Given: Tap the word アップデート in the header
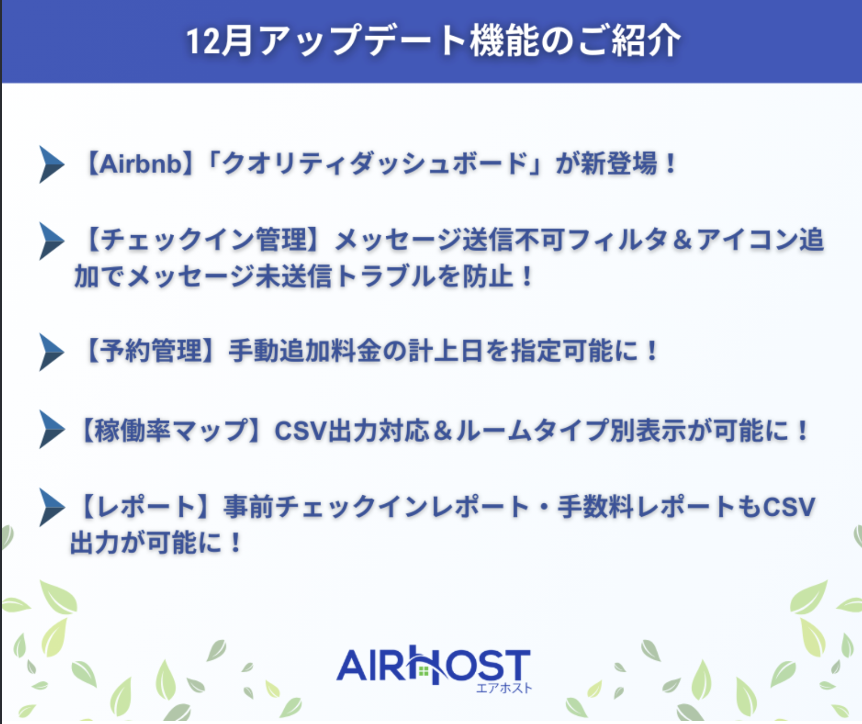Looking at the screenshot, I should coord(362,41).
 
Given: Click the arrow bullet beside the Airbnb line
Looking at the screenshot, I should coord(51,165).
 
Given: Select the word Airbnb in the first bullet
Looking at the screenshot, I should coord(141,163).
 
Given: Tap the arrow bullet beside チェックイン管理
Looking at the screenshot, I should coord(51,241).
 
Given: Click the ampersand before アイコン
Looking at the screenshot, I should coord(682,240).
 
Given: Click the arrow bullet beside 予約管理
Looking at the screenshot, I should coord(51,352).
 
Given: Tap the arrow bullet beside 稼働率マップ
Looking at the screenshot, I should coord(51,429).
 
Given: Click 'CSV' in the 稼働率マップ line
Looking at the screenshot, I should coord(301,431).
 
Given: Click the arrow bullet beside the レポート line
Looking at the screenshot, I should coord(51,507).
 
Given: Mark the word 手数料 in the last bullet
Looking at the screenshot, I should coord(595,507).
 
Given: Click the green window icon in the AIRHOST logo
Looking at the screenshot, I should coord(423,671).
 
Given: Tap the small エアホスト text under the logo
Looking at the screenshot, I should coord(504,688).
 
